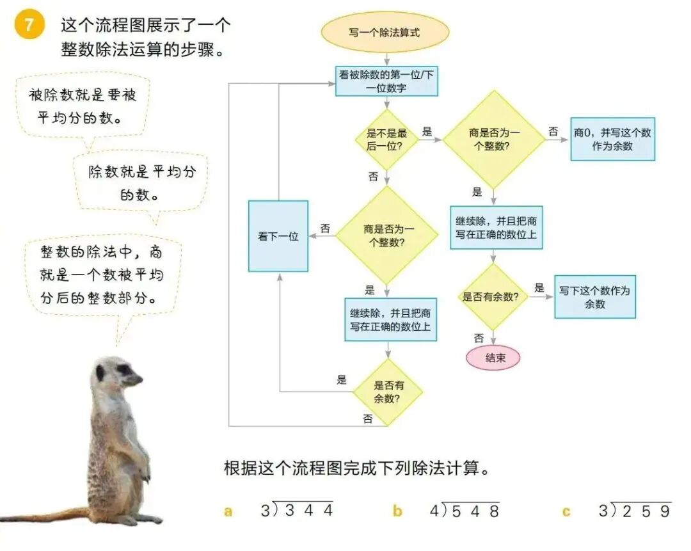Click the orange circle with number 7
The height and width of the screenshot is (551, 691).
click(x=28, y=26)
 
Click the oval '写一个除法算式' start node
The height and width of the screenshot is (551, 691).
click(x=385, y=32)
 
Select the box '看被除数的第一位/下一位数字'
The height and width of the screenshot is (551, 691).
click(x=386, y=81)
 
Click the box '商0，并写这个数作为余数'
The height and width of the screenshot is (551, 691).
click(x=612, y=139)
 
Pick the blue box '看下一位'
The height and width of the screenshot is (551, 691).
click(x=278, y=236)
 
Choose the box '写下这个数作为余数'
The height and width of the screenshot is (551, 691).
click(x=594, y=298)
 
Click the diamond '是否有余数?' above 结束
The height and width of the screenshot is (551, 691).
click(x=493, y=296)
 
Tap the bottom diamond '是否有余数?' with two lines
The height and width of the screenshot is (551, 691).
click(x=388, y=392)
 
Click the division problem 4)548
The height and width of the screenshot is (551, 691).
click(x=465, y=510)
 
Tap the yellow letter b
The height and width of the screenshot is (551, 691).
click(x=397, y=511)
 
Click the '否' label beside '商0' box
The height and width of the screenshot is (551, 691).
click(x=553, y=131)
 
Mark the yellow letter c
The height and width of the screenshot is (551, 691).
click(x=566, y=512)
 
